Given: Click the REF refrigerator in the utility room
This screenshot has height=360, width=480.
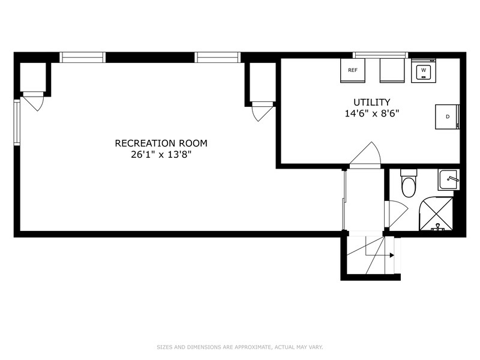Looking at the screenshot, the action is (x=353, y=70).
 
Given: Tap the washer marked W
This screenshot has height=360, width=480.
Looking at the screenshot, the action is (x=424, y=70).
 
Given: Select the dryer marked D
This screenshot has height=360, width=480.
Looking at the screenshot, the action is (x=447, y=116).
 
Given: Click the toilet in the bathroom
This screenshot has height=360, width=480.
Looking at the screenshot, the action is (x=408, y=183).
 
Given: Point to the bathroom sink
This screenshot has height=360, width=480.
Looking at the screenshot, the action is (x=448, y=181).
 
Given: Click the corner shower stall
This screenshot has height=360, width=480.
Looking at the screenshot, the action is (x=436, y=214).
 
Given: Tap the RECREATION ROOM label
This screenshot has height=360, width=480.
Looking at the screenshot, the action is (x=161, y=143).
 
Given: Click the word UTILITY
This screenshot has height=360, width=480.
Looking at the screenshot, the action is (x=372, y=102).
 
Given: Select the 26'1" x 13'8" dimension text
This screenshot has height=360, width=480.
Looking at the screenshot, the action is (x=161, y=155).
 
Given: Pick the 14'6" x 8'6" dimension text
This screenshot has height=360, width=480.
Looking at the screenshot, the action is (x=372, y=113).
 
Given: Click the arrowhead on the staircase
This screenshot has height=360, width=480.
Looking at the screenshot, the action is (x=392, y=255).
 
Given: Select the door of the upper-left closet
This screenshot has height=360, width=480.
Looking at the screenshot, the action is (x=34, y=101).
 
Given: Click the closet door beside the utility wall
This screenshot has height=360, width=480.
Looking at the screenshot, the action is (x=262, y=112).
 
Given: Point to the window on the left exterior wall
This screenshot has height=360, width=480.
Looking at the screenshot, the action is (x=17, y=122).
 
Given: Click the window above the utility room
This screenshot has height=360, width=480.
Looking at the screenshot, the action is (x=380, y=55).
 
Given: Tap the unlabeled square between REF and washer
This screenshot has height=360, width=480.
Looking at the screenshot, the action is (x=392, y=70).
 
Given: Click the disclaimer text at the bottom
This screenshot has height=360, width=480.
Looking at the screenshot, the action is (x=239, y=347).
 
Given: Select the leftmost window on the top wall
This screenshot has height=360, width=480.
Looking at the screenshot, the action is (x=82, y=57).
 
